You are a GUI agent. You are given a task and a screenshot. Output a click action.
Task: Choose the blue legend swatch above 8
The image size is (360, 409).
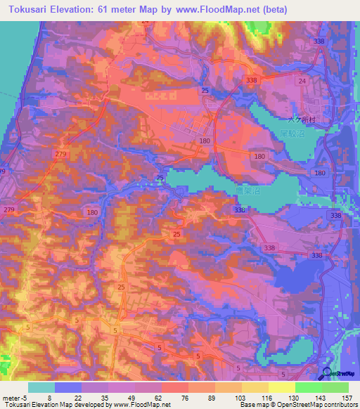pos(68,387)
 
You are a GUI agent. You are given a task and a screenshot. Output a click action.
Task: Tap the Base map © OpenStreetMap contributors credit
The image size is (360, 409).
pos(297,405)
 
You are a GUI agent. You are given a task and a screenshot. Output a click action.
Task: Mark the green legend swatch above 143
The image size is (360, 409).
pos(309,387)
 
